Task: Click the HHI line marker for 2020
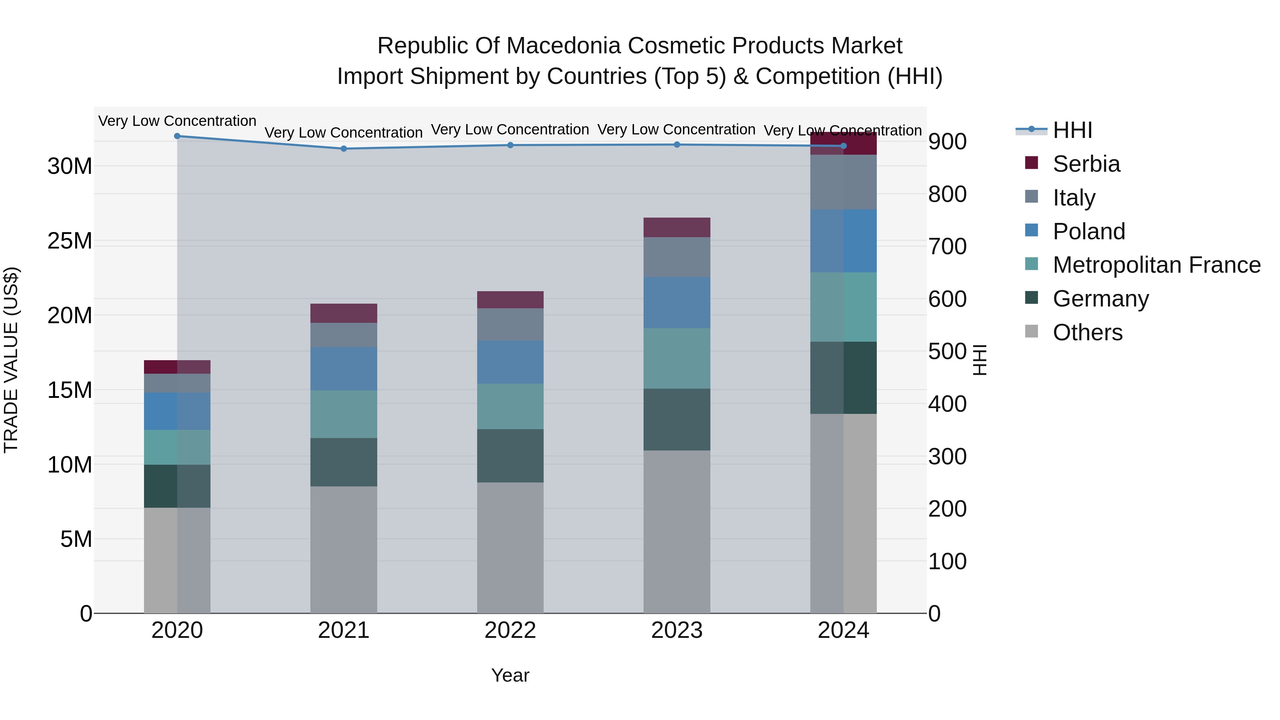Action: pos(177,136)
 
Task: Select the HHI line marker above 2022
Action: pos(510,145)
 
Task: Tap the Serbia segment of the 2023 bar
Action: pos(677,227)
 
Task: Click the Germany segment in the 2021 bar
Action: pos(343,462)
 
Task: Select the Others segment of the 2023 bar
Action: pos(677,532)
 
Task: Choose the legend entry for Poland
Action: pos(1088,231)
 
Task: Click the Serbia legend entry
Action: pos(1086,164)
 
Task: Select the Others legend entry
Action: pos(1087,332)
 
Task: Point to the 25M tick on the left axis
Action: pos(70,241)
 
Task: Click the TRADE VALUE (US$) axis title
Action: pos(11,360)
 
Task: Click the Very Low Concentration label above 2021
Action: pos(343,133)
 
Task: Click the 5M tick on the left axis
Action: pos(76,539)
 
